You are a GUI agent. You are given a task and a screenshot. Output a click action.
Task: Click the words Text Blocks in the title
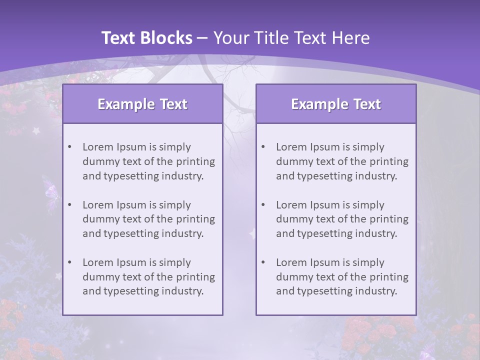pos(146,38)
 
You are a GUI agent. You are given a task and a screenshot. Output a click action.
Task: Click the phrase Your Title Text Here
pos(291,38)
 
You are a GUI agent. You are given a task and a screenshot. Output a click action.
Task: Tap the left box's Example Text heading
pos(142,104)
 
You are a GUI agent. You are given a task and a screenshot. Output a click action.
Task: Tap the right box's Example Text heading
pos(336,104)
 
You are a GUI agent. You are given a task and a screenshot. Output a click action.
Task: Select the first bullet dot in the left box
pos(70,147)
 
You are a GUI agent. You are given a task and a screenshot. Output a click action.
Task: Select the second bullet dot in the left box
pos(70,205)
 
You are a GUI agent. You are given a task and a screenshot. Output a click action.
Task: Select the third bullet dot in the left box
pos(70,262)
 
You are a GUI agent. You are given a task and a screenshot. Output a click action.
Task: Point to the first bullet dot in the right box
pos(263,147)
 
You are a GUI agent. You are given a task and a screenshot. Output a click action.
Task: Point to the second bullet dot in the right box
pos(263,205)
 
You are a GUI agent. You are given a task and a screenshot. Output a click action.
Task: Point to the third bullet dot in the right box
pos(263,262)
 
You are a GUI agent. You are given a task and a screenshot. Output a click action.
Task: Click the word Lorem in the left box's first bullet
pos(97,147)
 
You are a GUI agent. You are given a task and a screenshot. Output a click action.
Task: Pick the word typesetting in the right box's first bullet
pos(325,176)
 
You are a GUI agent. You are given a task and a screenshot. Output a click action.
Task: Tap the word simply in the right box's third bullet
pos(368,262)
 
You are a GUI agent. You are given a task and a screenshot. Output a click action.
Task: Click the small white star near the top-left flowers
pos(36,131)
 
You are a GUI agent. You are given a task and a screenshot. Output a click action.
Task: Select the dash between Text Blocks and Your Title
pos(202,38)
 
